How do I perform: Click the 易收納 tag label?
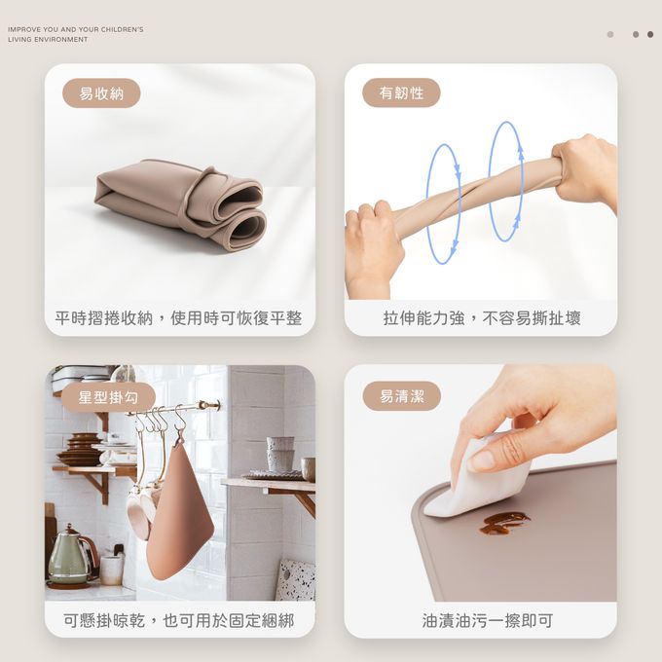(101, 92)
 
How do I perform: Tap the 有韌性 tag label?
(401, 92)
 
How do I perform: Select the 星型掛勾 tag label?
(108, 397)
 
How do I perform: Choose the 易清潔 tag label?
(401, 396)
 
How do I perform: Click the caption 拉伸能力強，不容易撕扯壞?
(482, 318)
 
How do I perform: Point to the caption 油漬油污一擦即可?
(487, 620)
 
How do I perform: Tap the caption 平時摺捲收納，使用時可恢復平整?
(178, 318)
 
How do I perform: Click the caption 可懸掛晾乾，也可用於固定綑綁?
(178, 620)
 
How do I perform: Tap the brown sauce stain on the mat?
(503, 523)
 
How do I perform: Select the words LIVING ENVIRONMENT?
(48, 39)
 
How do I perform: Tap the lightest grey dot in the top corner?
(610, 34)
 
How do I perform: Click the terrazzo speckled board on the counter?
(297, 578)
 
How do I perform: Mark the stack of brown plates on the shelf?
(83, 449)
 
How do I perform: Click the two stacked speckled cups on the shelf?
(279, 455)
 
